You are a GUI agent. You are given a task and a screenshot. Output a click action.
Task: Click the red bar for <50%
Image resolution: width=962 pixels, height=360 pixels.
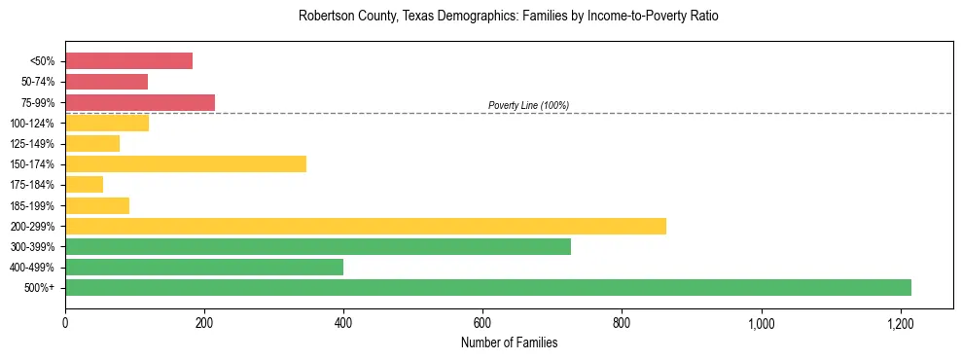(128, 61)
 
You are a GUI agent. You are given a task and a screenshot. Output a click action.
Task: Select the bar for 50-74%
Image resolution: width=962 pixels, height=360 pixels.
(106, 82)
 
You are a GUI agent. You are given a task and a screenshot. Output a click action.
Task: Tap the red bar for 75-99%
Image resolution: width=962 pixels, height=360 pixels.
(139, 102)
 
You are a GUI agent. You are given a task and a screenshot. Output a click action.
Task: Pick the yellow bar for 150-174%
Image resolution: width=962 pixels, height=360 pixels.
(185, 163)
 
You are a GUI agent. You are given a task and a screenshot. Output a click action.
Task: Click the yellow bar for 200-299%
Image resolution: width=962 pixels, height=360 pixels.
(365, 226)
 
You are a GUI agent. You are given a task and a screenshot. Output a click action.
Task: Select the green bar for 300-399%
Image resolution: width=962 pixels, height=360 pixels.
(317, 246)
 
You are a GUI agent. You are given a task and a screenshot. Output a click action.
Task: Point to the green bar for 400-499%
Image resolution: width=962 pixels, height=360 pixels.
(203, 267)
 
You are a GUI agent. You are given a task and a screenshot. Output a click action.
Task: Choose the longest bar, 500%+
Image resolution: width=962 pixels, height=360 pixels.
(487, 287)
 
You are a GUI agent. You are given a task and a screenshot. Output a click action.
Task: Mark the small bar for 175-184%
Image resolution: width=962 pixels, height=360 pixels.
(84, 185)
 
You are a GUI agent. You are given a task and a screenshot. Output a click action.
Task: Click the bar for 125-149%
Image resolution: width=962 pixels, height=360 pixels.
(91, 143)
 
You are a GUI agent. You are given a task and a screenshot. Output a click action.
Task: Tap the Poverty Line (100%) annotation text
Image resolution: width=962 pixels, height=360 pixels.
(528, 105)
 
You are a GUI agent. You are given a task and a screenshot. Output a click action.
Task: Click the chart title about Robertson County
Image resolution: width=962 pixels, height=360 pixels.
(481, 17)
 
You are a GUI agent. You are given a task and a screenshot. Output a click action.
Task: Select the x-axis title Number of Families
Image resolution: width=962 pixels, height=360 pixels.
(509, 342)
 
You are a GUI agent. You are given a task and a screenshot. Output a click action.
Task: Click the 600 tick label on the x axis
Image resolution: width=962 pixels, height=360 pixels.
(482, 322)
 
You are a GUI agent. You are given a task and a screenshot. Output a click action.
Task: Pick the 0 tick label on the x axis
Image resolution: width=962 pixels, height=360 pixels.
(65, 322)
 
